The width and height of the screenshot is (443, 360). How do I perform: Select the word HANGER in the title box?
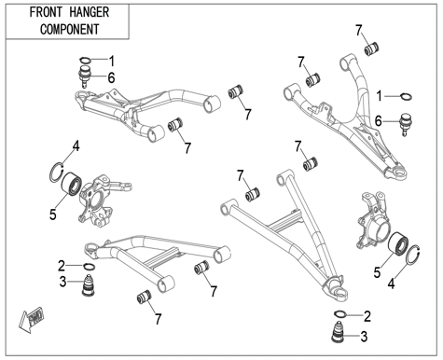pyautogui.click(x=89, y=13)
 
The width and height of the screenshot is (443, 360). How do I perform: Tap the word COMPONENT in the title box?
pyautogui.click(x=69, y=30)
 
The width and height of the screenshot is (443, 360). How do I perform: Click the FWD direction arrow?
pyautogui.click(x=31, y=319)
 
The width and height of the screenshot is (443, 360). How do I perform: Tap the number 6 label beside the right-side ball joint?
pyautogui.click(x=379, y=121)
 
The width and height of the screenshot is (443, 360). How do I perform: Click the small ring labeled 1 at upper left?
pyautogui.click(x=86, y=60)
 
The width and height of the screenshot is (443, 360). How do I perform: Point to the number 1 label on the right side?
pyautogui.click(x=379, y=96)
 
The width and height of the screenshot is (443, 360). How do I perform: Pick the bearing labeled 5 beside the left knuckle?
pyautogui.click(x=72, y=184)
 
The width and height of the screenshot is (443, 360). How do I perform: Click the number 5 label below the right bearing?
pyautogui.click(x=377, y=273)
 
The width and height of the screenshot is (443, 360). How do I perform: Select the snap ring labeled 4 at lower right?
pyautogui.click(x=414, y=256)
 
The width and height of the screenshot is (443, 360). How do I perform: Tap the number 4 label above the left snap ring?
pyautogui.click(x=76, y=146)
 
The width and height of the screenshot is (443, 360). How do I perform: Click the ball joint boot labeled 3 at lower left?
pyautogui.click(x=89, y=284)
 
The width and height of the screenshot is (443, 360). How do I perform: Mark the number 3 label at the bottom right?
pyautogui.click(x=364, y=337)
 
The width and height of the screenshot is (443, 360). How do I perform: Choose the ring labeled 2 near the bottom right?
pyautogui.click(x=339, y=314)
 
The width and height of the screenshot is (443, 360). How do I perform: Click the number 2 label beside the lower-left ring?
pyautogui.click(x=62, y=266)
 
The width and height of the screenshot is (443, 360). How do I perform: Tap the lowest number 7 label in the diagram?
pyautogui.click(x=159, y=319)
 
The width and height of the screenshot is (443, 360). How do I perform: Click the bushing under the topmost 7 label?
pyautogui.click(x=372, y=48)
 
